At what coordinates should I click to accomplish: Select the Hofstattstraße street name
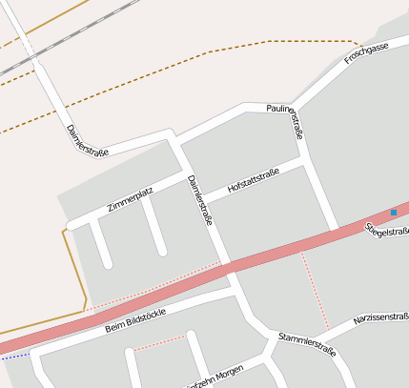pos(253,184)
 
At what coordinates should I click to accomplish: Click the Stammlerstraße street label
pos(308,344)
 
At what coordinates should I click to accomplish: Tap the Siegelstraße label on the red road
pos(386,230)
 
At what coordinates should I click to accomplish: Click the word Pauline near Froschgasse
pos(283,111)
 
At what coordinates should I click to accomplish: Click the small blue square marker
pos(393,212)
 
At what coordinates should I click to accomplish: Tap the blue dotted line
pos(14,356)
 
